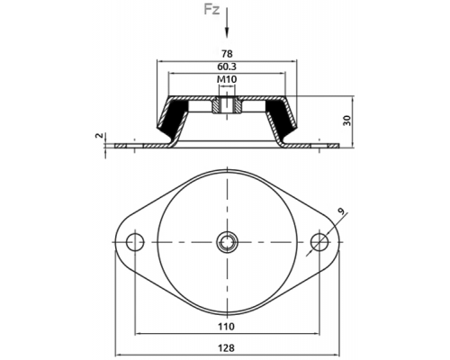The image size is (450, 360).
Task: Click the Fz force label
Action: pyautogui.click(x=211, y=10)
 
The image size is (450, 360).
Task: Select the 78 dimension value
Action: pyautogui.click(x=227, y=54)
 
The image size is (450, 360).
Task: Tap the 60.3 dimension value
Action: pyautogui.click(x=227, y=67)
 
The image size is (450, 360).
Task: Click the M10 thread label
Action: pyautogui.click(x=227, y=79)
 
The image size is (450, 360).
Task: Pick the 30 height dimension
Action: pyautogui.click(x=347, y=121)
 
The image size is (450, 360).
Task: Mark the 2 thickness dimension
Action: pyautogui.click(x=99, y=136)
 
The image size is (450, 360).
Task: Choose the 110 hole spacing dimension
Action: pyautogui.click(x=227, y=326)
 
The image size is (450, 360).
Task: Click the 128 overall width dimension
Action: pyautogui.click(x=227, y=348)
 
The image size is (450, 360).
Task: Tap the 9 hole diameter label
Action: pyautogui.click(x=341, y=211)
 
